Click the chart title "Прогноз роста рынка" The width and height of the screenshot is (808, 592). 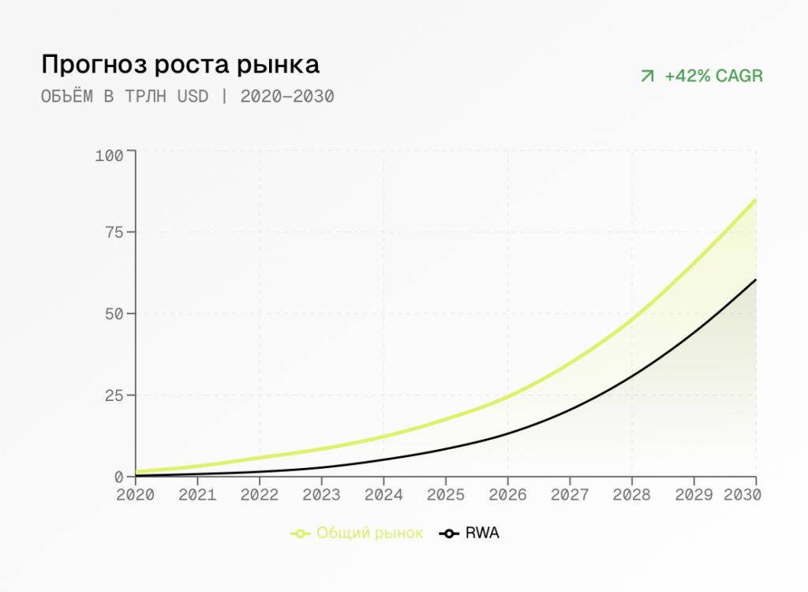pos(180,64)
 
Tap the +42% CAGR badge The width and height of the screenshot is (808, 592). pos(701,77)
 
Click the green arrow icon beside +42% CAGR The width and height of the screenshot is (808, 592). pos(647,77)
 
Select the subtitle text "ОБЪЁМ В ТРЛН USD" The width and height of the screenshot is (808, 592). pos(125,97)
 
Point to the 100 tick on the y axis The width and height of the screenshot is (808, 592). pos(109,155)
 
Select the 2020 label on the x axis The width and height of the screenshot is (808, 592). pos(136,495)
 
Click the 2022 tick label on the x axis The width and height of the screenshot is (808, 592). pos(260,495)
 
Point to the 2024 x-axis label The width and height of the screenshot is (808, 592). pos(383,495)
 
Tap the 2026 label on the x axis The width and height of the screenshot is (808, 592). pos(507,495)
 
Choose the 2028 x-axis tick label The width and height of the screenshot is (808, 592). pos(631,495)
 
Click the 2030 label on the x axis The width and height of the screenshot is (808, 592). pos(743,495)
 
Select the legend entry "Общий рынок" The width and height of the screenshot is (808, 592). pos(357,534)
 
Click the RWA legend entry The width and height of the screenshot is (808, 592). pos(470,534)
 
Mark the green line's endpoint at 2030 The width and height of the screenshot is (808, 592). pos(756,200)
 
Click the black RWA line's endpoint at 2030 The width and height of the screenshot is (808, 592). pos(756,279)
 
